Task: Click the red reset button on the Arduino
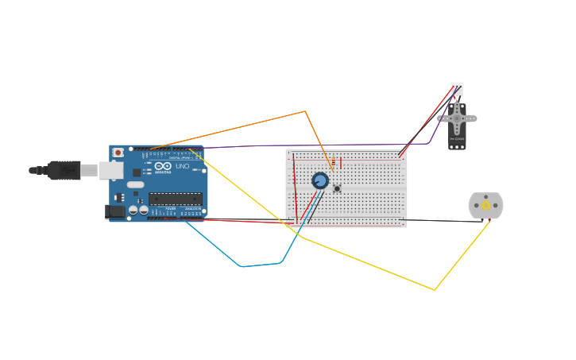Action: point(118,153)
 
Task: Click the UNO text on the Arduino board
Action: point(182,166)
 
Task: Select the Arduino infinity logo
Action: point(163,166)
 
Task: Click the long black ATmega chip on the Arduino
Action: point(175,199)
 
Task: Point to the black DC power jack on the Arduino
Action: point(115,211)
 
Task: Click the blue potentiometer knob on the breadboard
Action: point(320,180)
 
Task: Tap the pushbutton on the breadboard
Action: point(337,188)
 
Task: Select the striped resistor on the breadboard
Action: point(333,163)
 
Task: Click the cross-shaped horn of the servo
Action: point(457,119)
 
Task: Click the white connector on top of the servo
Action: point(457,88)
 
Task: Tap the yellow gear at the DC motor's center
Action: point(485,205)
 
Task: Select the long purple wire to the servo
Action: point(318,145)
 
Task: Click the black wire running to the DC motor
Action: point(437,220)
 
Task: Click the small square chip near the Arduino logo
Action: point(137,172)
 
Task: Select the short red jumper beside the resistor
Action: point(341,162)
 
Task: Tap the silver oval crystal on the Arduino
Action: point(136,185)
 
